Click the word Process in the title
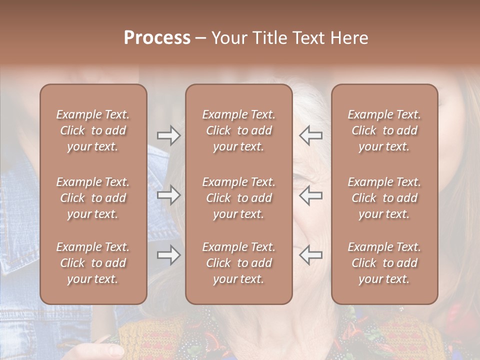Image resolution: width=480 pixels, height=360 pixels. click(157, 38)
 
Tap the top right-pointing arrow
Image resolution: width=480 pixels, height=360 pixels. click(168, 135)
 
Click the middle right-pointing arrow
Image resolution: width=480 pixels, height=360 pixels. click(168, 195)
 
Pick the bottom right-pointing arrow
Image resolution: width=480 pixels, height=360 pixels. click(168, 255)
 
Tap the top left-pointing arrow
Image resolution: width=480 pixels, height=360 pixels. click(310, 135)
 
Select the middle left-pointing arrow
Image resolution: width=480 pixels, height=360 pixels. click(310, 195)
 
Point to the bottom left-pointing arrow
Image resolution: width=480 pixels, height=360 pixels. click(310, 255)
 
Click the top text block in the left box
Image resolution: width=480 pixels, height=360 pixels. click(93, 130)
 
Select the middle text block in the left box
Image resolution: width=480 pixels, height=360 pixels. click(93, 198)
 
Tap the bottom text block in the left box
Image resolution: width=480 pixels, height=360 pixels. click(93, 263)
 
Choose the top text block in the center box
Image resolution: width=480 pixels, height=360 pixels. click(238, 130)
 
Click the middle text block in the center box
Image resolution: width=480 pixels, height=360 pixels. click(238, 198)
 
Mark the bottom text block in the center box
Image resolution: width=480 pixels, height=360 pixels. click(238, 263)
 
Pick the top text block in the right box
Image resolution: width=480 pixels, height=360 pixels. click(384, 130)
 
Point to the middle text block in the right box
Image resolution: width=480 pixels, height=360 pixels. click(384, 198)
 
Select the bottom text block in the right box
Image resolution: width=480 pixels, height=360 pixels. click(384, 263)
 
